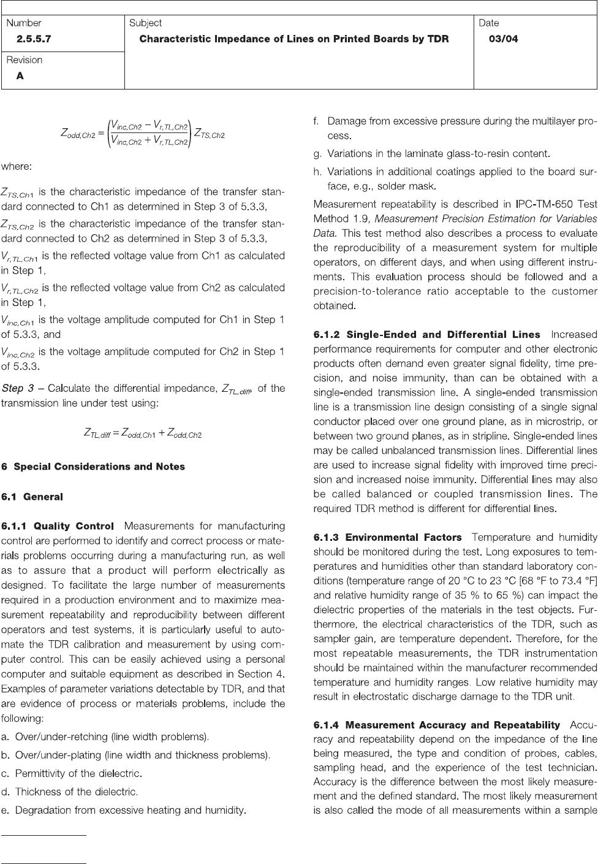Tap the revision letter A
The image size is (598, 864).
pos(20,76)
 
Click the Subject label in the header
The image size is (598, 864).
pos(145,23)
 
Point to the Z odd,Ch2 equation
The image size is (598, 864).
pos(142,135)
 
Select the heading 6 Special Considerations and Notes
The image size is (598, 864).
pos(93,467)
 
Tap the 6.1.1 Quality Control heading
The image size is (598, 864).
pos(58,526)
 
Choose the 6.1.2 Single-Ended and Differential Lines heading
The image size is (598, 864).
pos(427,335)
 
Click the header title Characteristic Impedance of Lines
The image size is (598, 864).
pos(294,39)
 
